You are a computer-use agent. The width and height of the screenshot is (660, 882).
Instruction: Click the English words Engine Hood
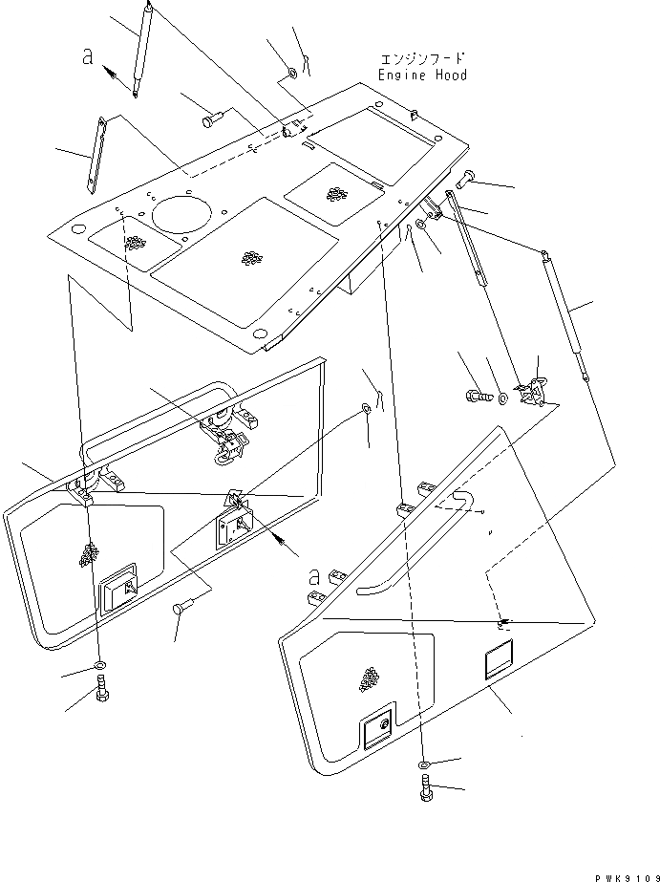click(x=422, y=75)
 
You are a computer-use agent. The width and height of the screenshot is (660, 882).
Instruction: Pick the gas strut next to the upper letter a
click(x=145, y=48)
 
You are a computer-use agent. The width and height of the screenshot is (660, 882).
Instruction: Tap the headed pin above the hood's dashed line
click(x=211, y=120)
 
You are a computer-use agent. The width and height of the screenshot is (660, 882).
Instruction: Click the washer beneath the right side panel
click(x=423, y=765)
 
